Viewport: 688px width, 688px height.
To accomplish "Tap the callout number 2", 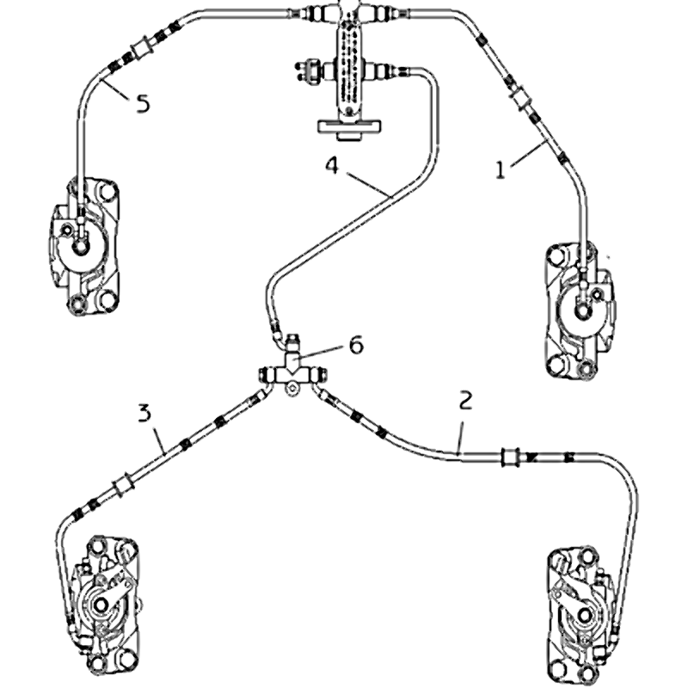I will point(465,400).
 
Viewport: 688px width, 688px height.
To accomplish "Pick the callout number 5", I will point(143,104).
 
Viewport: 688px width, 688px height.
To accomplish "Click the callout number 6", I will point(355,345).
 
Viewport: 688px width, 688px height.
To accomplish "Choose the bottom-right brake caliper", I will point(585,611).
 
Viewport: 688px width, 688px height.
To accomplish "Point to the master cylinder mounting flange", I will point(351,128).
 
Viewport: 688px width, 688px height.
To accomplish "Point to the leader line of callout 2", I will point(462,430).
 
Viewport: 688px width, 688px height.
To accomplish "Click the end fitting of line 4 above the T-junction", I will point(274,328).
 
